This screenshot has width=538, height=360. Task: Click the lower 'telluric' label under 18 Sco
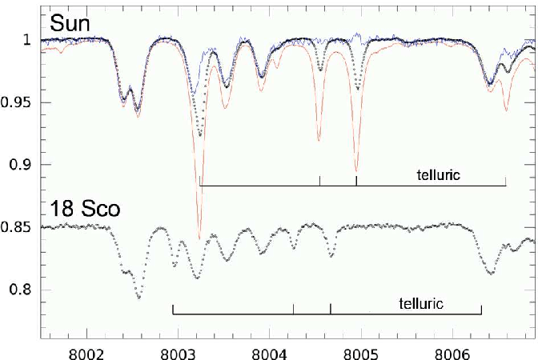(420, 303)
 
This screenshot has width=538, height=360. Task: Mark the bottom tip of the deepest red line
(199, 238)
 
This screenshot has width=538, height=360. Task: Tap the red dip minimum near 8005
(356, 171)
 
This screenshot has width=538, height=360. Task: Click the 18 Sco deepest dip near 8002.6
(139, 298)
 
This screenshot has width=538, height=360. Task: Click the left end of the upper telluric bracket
(199, 185)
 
